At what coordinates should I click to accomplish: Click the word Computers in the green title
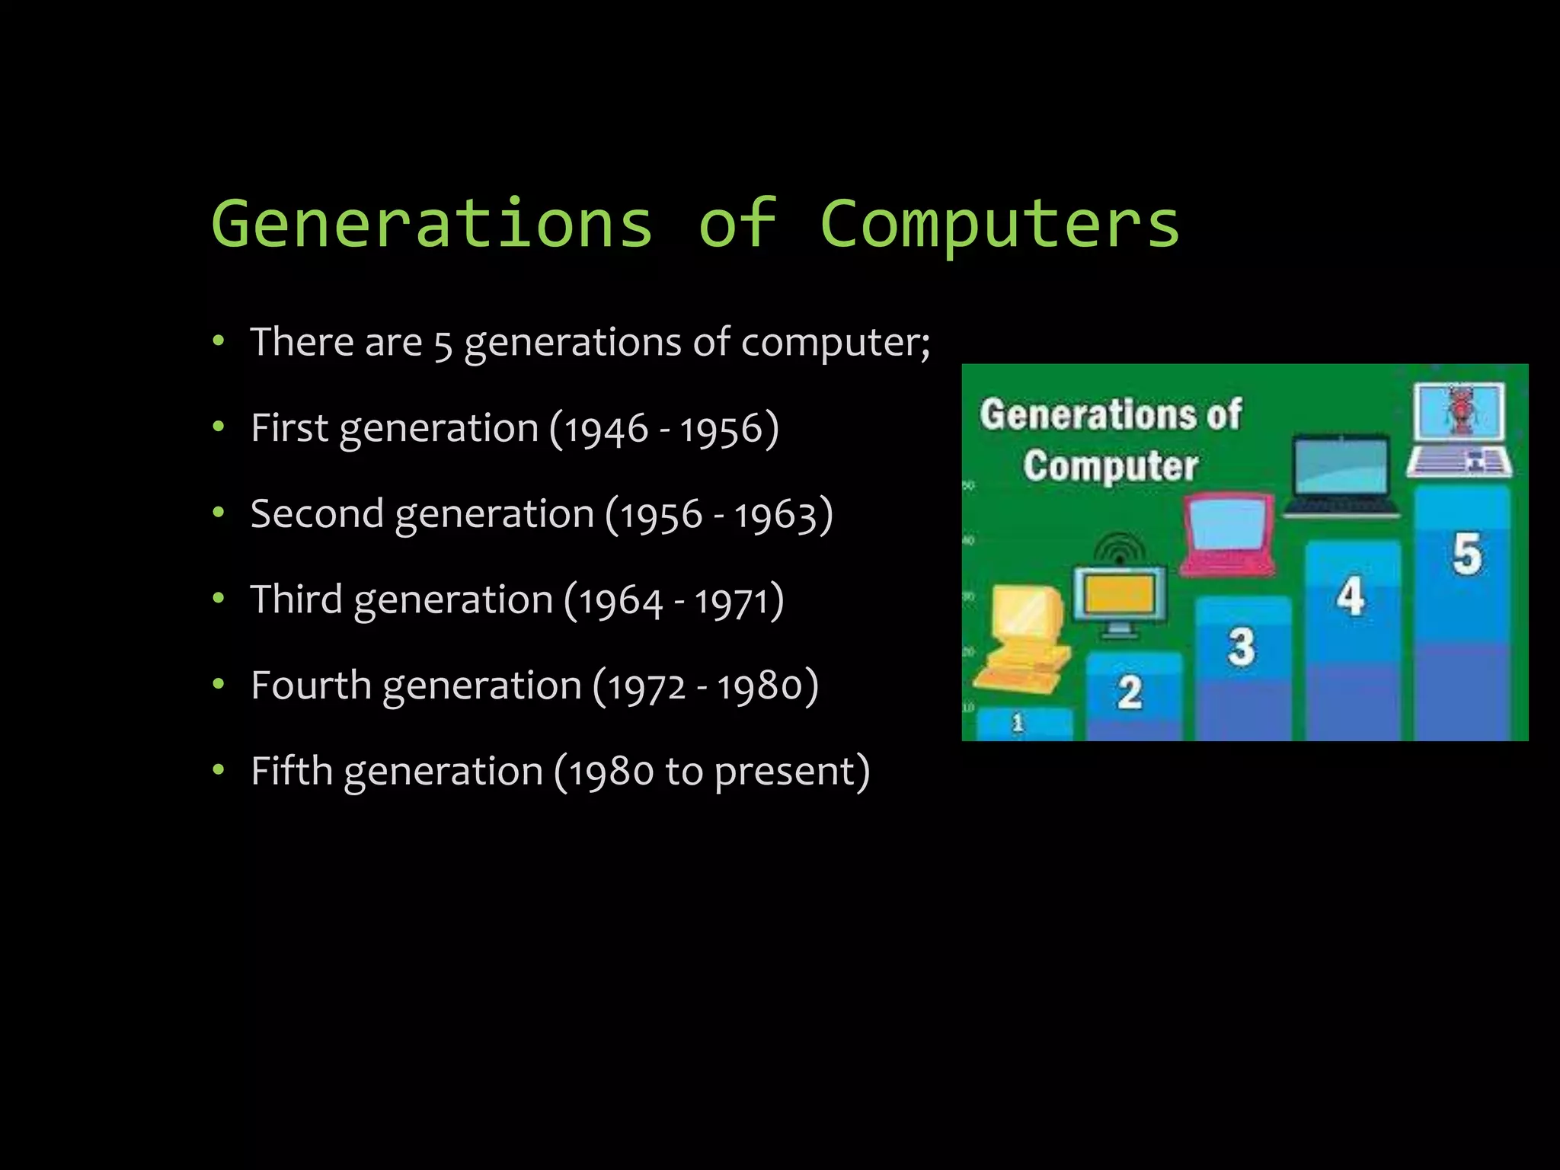pyautogui.click(x=999, y=223)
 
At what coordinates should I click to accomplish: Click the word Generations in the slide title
pyautogui.click(x=432, y=223)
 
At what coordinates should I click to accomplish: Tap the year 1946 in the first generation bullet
pyautogui.click(x=606, y=429)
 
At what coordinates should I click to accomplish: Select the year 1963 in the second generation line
pyautogui.click(x=776, y=515)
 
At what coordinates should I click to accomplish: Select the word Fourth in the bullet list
pyautogui.click(x=312, y=686)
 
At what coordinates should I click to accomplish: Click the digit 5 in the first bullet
pyautogui.click(x=443, y=344)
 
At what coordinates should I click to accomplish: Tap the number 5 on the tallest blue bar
pyautogui.click(x=1466, y=554)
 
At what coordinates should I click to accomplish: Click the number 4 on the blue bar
pyautogui.click(x=1351, y=596)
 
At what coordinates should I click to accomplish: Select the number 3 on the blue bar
pyautogui.click(x=1241, y=647)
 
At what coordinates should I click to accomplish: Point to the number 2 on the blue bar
pyautogui.click(x=1130, y=693)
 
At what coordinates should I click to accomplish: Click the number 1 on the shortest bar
pyautogui.click(x=1018, y=722)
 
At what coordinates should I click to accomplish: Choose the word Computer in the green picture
pyautogui.click(x=1111, y=465)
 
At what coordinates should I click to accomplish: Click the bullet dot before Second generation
pyautogui.click(x=219, y=513)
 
